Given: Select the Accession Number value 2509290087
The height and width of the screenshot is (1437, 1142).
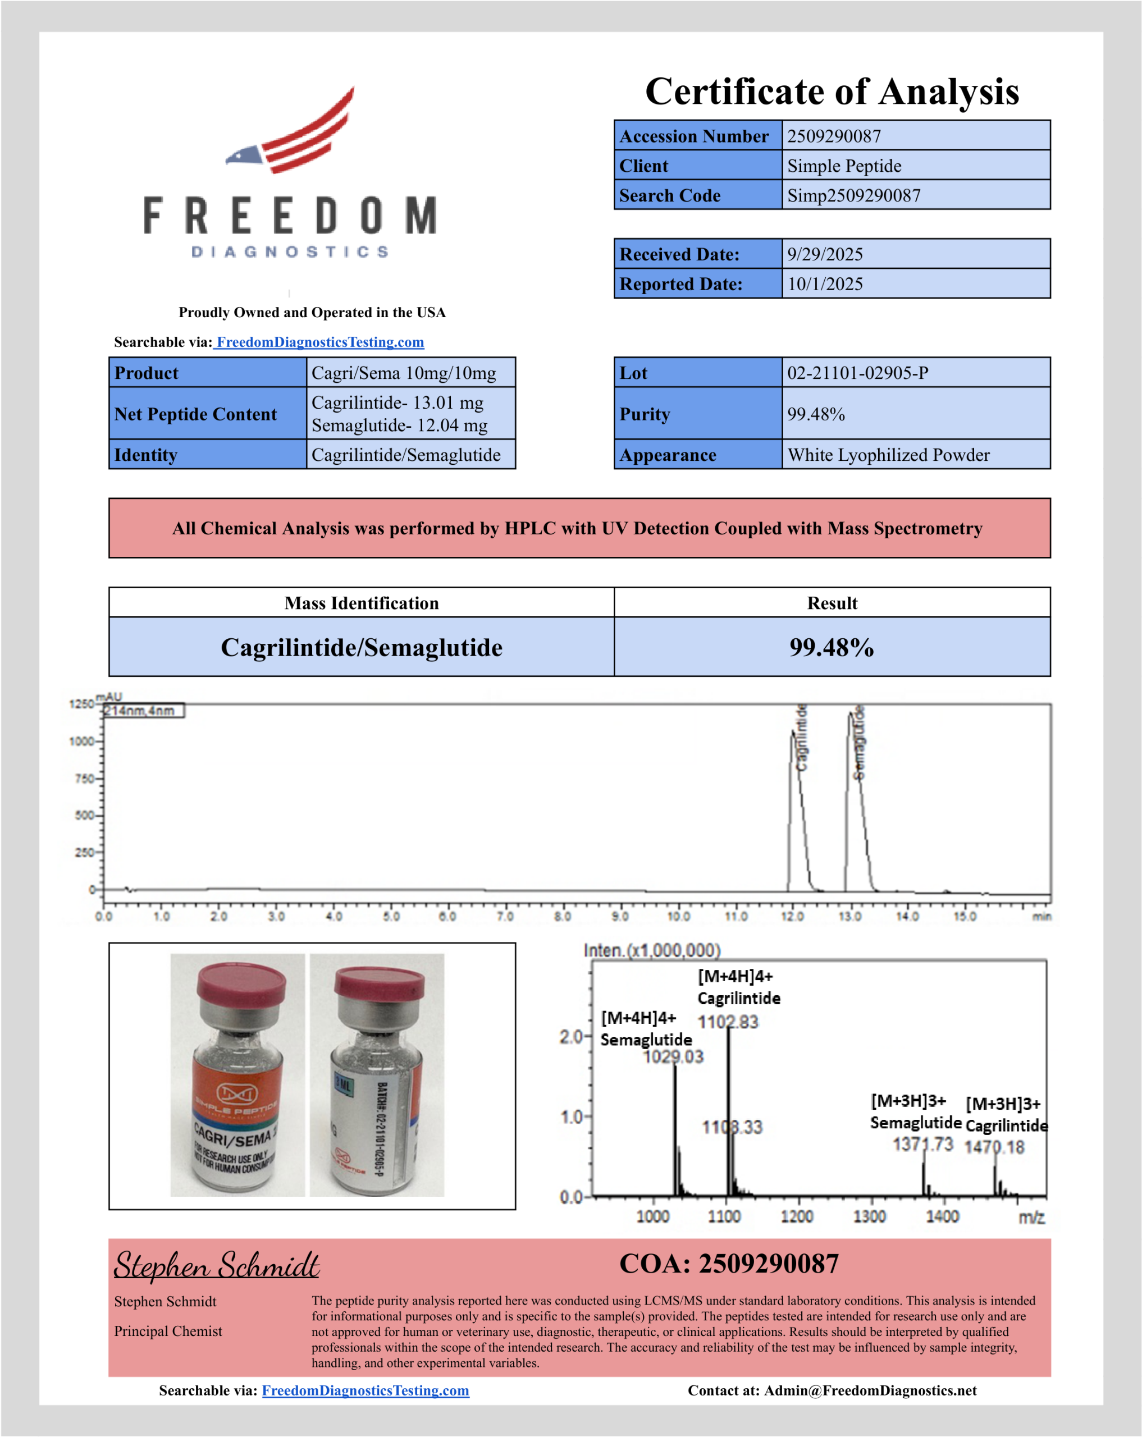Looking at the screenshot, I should point(834,136).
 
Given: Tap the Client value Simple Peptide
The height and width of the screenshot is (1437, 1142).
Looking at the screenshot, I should point(844,166).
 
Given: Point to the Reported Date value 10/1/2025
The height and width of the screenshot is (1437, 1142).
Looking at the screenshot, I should point(825,284).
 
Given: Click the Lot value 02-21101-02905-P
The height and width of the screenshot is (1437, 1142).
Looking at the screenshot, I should point(857,373).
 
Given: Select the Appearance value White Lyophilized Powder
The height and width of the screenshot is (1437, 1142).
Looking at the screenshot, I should point(888,455).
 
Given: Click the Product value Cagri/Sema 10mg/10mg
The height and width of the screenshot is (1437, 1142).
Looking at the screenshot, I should point(403,373).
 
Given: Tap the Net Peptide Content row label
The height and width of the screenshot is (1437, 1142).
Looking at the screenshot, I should point(195,414).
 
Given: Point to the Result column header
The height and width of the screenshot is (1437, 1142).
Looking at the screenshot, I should point(832,603).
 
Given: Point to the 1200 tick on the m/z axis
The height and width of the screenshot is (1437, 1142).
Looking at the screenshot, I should point(797,1216).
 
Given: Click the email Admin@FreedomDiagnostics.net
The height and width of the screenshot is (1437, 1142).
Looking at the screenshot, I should point(870,1390).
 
